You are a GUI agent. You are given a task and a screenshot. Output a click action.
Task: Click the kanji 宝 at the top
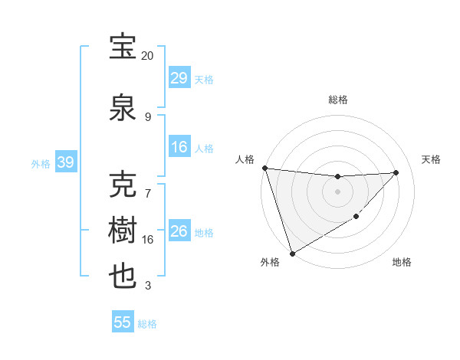tap(123, 47)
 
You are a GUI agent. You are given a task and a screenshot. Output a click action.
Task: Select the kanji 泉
tap(123, 107)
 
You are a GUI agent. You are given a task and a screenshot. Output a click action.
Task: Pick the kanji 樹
tap(123, 231)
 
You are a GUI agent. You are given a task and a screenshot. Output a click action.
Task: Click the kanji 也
tap(123, 276)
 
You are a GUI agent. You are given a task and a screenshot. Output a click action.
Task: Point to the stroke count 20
tap(147, 56)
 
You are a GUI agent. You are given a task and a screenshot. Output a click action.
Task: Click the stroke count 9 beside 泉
tap(147, 116)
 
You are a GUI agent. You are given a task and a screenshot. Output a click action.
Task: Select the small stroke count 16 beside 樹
tap(147, 240)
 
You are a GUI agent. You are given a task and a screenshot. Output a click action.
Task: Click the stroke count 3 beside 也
tap(147, 286)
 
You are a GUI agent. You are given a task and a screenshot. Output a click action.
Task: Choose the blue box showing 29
tap(179, 78)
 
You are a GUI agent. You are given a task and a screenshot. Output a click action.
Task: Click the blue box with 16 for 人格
tap(179, 147)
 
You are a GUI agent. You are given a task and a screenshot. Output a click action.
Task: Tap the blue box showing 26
tap(179, 231)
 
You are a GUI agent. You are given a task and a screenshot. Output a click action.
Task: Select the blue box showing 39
tap(65, 162)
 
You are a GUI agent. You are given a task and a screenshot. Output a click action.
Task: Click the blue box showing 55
tap(123, 322)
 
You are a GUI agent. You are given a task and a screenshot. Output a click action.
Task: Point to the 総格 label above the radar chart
tap(337, 100)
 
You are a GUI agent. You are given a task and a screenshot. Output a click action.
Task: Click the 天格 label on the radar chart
tap(431, 159)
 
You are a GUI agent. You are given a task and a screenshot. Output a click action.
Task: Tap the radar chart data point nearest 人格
tap(264, 168)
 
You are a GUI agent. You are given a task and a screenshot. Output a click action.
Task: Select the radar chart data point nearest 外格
tap(292, 253)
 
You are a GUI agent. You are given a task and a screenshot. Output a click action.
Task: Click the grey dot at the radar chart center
tap(337, 191)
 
